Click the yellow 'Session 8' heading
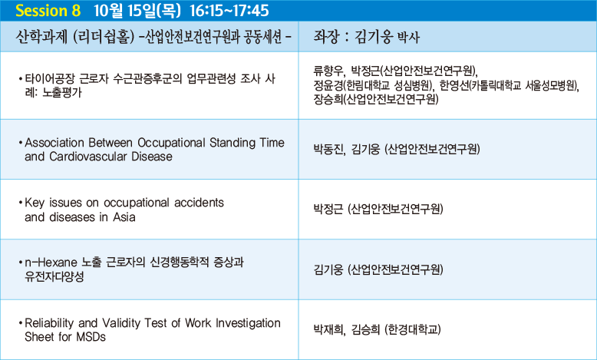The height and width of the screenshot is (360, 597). click(x=48, y=11)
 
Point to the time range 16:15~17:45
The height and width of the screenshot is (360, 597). click(x=229, y=11)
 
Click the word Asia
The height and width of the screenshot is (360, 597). click(x=124, y=217)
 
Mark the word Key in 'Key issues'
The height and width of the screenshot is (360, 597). click(x=35, y=203)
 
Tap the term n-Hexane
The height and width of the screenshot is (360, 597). click(x=51, y=263)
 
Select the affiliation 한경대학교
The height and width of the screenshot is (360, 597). click(x=413, y=329)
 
